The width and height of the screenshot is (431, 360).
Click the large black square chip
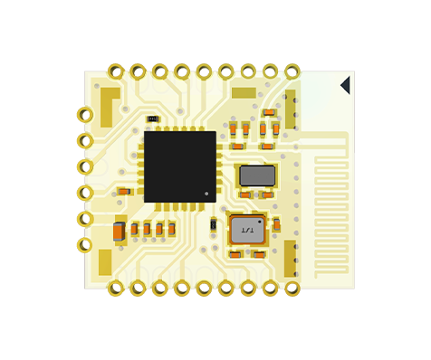coord(179,166)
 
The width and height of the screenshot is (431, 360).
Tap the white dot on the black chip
coord(206,194)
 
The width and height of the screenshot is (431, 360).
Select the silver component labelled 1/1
coord(247,231)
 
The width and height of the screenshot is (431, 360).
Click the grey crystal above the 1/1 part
coord(257,175)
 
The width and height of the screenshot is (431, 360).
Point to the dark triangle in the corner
coord(345,85)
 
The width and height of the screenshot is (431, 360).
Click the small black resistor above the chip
coord(153,119)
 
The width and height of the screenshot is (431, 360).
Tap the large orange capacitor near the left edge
coord(119,232)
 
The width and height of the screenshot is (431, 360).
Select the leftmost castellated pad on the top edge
coord(115,71)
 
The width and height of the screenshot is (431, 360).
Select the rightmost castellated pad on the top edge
coord(292,71)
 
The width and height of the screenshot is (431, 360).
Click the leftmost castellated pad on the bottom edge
coord(116,289)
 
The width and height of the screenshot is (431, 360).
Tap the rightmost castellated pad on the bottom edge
coord(292,289)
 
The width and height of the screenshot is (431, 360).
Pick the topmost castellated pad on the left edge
coord(83,115)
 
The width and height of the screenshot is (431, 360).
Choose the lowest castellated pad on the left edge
coord(83,245)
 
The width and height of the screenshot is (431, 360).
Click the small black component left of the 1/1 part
coord(214,224)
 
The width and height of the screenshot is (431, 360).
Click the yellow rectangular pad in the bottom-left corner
coord(105,262)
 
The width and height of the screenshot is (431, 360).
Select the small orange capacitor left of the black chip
coord(124,192)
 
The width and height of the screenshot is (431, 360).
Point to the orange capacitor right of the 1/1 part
coord(276,224)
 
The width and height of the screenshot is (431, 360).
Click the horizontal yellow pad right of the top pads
coord(244,92)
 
